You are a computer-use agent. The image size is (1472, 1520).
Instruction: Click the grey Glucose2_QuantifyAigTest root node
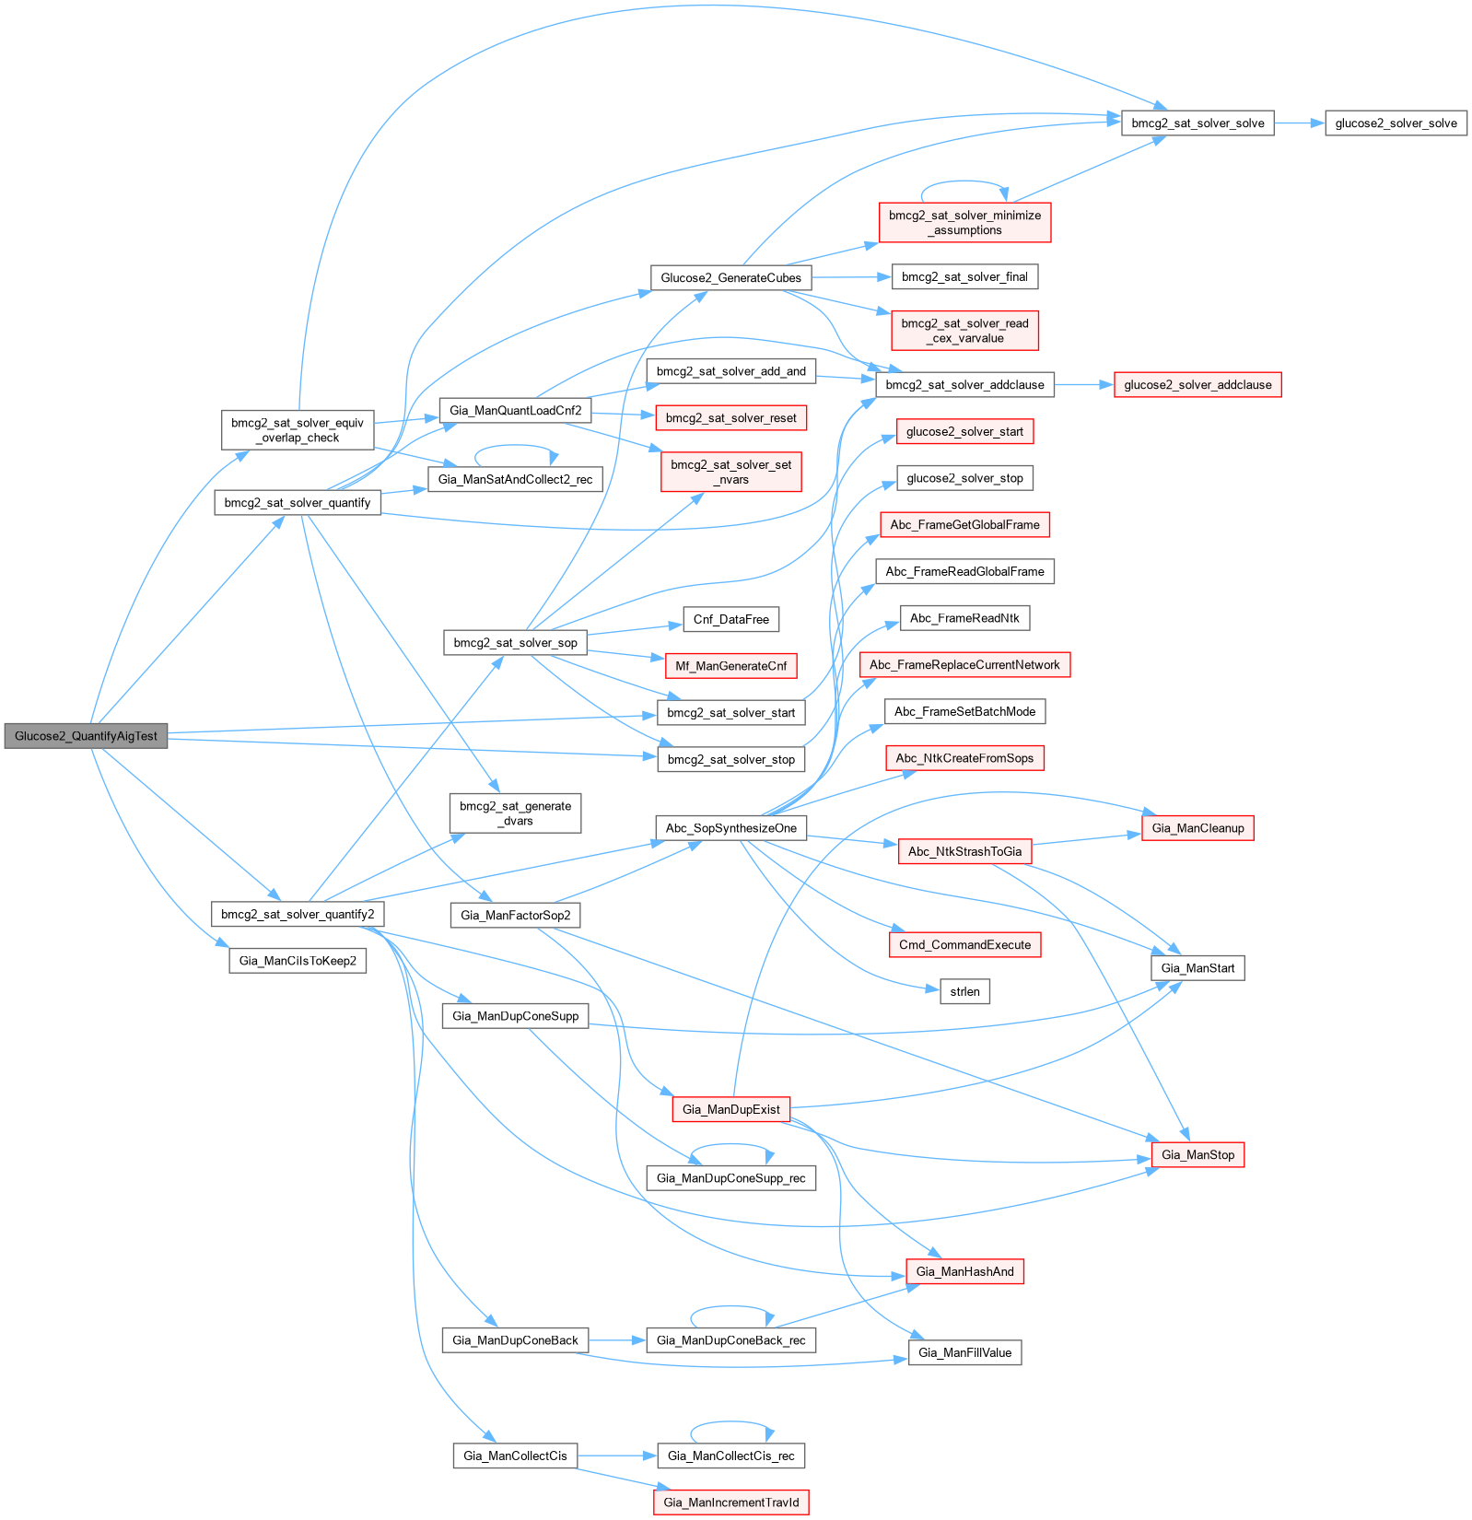point(86,736)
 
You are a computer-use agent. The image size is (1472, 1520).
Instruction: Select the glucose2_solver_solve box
point(1396,123)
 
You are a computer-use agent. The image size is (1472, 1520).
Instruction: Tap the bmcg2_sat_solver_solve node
point(1197,123)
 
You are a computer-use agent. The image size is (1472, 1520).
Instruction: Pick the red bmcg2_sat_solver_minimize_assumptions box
point(964,223)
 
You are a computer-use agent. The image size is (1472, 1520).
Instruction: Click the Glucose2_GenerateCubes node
point(730,278)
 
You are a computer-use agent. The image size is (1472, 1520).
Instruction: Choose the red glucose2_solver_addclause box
point(1197,385)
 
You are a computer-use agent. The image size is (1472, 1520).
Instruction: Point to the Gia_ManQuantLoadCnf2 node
point(515,411)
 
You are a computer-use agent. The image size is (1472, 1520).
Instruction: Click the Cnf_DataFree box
point(730,620)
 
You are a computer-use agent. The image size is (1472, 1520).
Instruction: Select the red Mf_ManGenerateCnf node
point(730,666)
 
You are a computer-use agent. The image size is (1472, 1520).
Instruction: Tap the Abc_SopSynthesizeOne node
point(730,828)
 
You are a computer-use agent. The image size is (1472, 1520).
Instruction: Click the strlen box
point(964,992)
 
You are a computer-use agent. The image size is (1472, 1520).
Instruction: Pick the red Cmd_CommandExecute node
point(964,945)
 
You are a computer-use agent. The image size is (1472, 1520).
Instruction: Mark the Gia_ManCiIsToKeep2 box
point(298,961)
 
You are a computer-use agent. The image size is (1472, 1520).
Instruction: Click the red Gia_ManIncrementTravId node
point(730,1502)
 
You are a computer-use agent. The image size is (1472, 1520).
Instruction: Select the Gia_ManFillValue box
point(964,1353)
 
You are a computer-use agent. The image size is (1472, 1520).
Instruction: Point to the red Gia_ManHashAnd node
point(964,1272)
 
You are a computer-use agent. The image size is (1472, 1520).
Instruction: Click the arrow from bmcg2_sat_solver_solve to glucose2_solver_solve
point(1299,123)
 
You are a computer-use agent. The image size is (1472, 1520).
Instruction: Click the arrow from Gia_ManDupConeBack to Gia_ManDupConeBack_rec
point(617,1340)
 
